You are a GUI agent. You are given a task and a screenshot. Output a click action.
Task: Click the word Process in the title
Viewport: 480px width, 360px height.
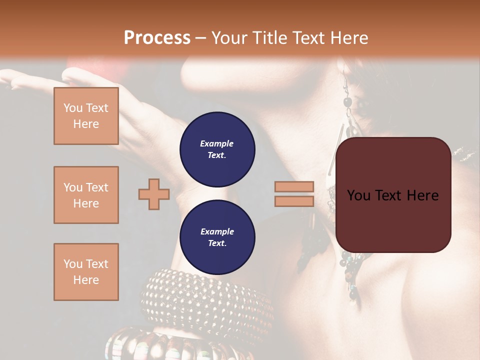(157, 38)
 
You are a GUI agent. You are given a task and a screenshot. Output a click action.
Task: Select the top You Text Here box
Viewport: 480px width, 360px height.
(86, 116)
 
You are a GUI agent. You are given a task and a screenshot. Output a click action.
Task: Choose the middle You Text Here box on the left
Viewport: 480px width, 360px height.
(86, 195)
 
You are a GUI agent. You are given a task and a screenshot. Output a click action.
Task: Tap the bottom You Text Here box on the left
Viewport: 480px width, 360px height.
(86, 272)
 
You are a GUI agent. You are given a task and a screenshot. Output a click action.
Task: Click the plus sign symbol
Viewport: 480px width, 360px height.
(154, 194)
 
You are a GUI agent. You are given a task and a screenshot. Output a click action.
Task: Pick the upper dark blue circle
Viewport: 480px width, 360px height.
(217, 149)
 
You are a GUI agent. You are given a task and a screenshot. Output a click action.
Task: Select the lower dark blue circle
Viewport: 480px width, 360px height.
(217, 237)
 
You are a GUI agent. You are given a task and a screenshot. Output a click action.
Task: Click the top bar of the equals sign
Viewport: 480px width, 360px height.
(294, 187)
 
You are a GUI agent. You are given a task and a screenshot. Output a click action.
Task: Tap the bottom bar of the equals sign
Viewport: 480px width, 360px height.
(294, 201)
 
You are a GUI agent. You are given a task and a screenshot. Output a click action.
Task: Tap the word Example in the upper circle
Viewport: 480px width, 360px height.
(217, 143)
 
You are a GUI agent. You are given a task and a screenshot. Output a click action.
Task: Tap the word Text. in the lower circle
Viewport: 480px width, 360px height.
(217, 243)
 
